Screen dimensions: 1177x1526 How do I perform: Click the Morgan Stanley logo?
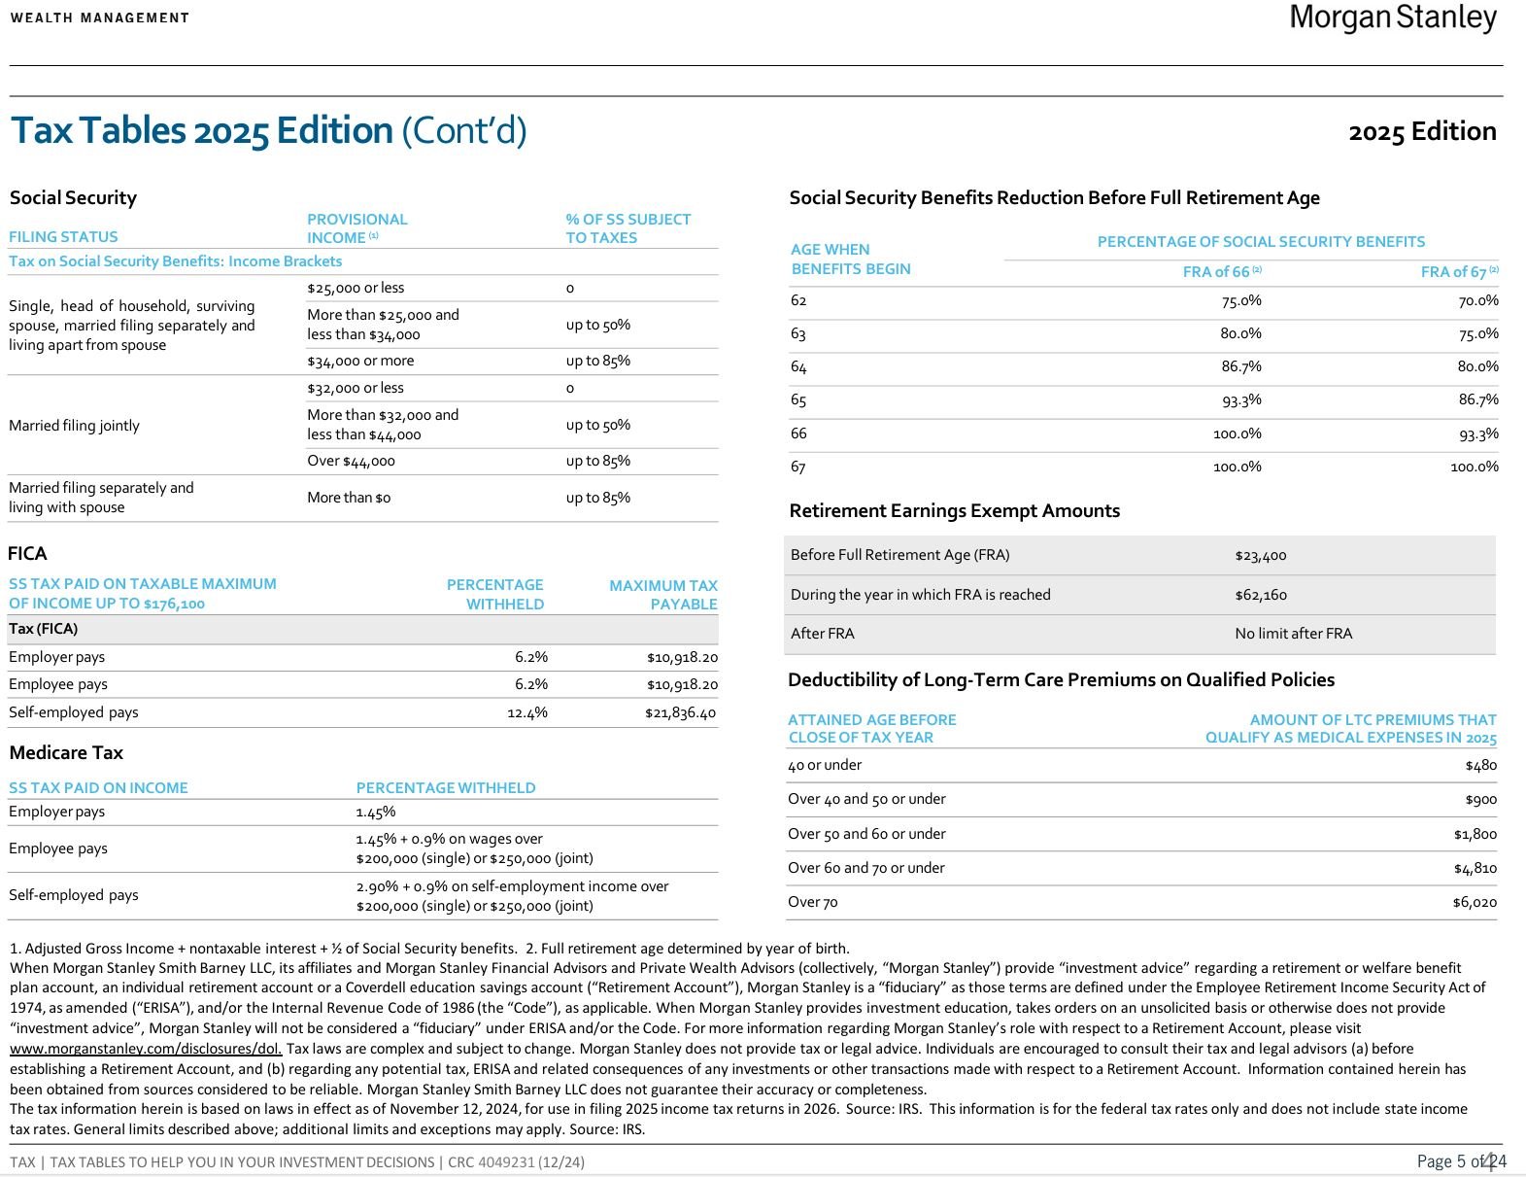coord(1393,17)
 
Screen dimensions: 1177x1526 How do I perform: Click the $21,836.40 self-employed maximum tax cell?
coord(680,712)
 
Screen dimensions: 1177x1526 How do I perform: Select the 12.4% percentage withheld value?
coord(526,712)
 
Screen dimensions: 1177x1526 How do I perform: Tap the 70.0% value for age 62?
coord(1477,300)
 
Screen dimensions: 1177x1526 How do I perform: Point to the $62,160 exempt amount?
coord(1260,594)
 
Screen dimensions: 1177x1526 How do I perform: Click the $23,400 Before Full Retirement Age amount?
coord(1260,555)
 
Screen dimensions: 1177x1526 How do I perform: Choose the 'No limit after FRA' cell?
coord(1293,633)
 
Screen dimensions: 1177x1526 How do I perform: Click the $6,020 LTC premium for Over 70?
coord(1474,902)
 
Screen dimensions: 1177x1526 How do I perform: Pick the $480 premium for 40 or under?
coord(1480,765)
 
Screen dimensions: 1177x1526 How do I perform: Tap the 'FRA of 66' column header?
coord(1221,272)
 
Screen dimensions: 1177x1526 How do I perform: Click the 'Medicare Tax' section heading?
coord(66,752)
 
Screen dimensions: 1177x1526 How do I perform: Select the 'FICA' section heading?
coord(27,553)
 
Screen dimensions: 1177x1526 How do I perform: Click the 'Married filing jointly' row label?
coord(74,425)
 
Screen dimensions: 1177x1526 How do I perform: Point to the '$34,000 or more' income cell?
coord(360,361)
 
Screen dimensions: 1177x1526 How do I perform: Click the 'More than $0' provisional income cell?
coord(349,497)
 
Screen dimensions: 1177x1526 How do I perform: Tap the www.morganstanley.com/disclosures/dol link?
coord(146,1048)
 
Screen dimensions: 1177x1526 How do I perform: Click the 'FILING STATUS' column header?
coord(63,236)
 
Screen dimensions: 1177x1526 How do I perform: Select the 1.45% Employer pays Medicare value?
coord(375,812)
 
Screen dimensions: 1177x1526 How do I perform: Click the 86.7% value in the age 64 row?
coord(1240,366)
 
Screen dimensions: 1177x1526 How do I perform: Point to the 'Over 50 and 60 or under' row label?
coord(866,833)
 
